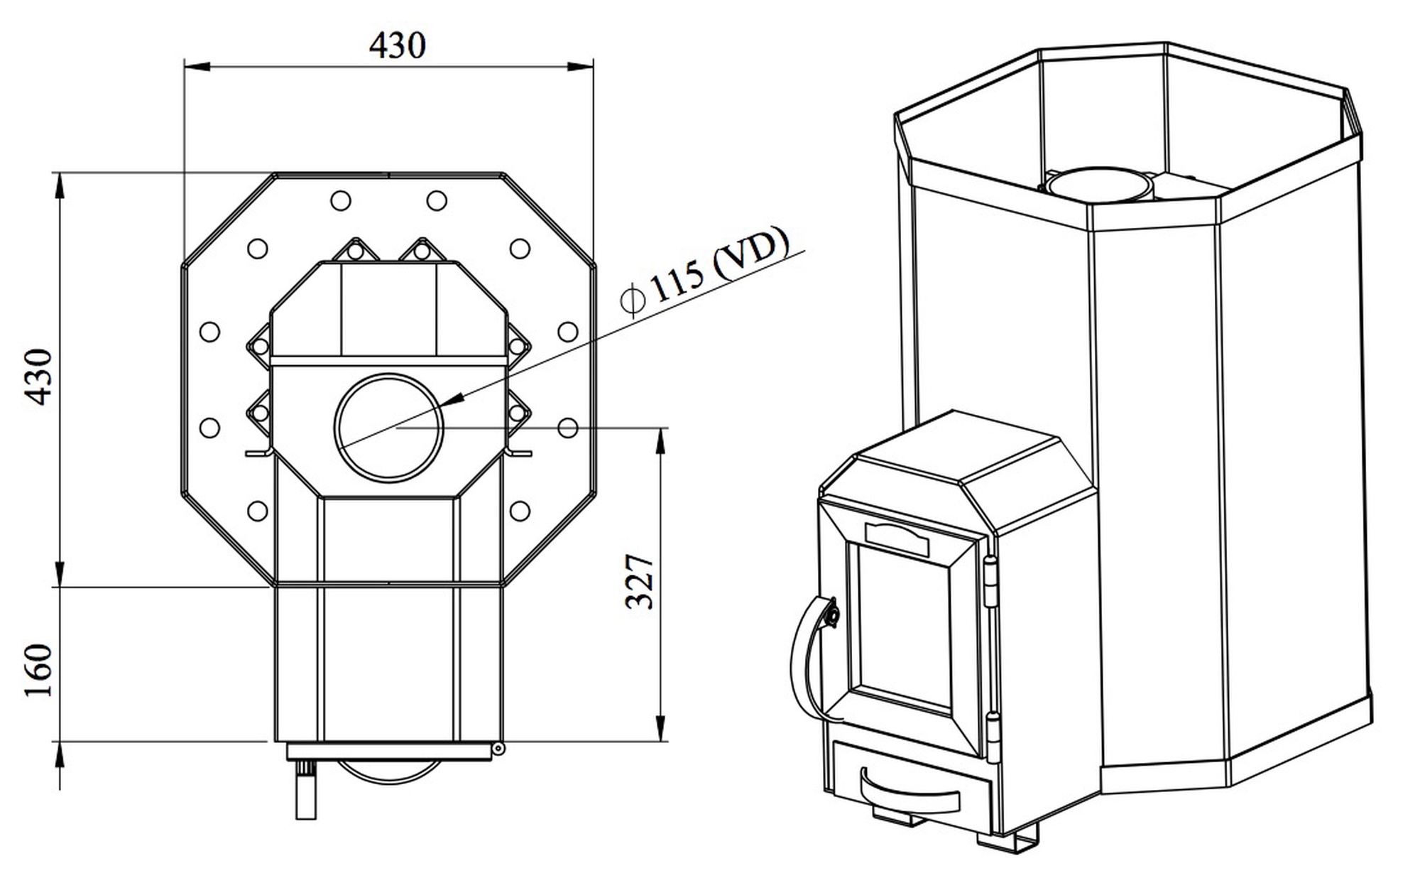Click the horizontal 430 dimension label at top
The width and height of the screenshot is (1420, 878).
(397, 45)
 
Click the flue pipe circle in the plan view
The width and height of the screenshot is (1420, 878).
(389, 426)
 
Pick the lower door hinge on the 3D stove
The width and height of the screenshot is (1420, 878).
(993, 736)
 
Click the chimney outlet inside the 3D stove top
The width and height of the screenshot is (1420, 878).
(1095, 183)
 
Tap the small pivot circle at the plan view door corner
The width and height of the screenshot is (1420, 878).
(498, 748)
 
